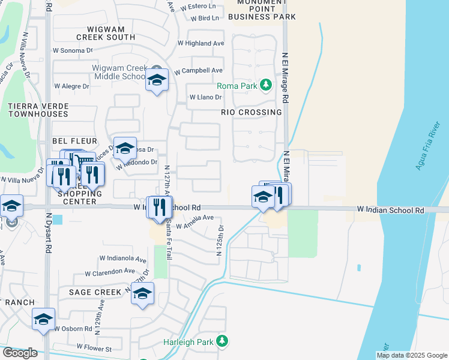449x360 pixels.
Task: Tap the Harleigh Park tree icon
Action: (222, 341)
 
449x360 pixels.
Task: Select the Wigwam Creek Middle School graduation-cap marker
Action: (157, 80)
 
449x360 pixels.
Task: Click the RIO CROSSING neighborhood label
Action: (251, 112)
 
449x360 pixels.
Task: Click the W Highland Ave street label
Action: (200, 43)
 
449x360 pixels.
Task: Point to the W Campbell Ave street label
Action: (199, 71)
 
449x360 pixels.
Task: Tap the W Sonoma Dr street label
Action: (73, 50)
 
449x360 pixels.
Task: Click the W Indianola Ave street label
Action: (123, 260)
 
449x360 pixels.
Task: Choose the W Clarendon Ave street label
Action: (109, 272)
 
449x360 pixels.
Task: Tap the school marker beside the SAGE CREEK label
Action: (143, 293)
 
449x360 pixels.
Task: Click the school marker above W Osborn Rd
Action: (43, 319)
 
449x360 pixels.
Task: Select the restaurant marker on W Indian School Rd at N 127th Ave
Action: (160, 208)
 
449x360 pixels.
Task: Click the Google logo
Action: (20, 353)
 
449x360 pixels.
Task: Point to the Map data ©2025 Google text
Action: (412, 355)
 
